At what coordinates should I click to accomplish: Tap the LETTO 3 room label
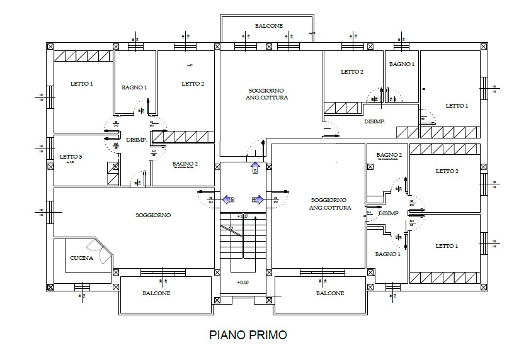pyautogui.click(x=71, y=157)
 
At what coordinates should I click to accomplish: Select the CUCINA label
pyautogui.click(x=81, y=258)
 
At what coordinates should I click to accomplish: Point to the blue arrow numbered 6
pyautogui.click(x=228, y=200)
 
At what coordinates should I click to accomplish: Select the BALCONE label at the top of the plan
pyautogui.click(x=269, y=26)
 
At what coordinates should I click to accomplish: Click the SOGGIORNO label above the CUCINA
pyautogui.click(x=153, y=215)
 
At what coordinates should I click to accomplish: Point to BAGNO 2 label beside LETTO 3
pyautogui.click(x=185, y=164)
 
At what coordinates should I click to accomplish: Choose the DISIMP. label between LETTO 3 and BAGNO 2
pyautogui.click(x=136, y=140)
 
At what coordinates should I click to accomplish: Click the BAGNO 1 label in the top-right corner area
pyautogui.click(x=401, y=64)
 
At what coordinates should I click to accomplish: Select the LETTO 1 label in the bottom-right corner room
pyautogui.click(x=447, y=246)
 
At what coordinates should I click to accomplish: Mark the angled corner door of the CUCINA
pyautogui.click(x=103, y=250)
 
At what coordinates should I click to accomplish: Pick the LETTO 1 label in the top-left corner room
pyautogui.click(x=82, y=84)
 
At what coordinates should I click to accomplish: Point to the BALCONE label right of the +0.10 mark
pyautogui.click(x=329, y=293)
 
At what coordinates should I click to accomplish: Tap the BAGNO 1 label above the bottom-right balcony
pyautogui.click(x=387, y=254)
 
